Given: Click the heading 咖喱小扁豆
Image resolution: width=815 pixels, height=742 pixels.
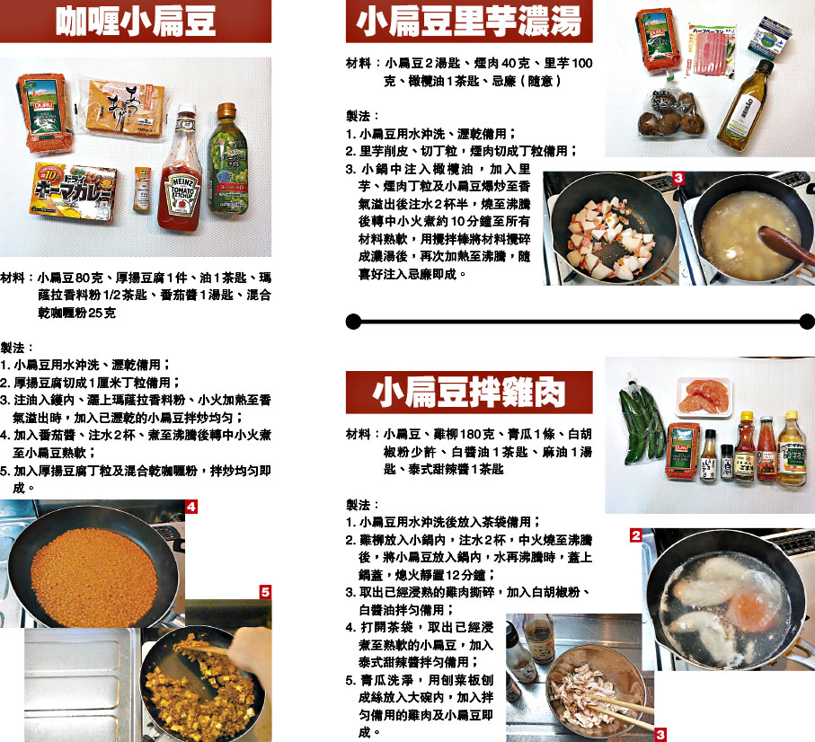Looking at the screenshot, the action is point(135,22).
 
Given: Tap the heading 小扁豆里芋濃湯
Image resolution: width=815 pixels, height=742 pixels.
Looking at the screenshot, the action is point(468,22).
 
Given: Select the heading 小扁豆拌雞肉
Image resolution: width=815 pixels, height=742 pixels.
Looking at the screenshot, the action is point(469,393).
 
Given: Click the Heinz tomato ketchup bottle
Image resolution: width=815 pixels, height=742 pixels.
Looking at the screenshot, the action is point(181,169).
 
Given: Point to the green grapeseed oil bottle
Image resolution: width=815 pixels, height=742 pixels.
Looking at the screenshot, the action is point(227,158).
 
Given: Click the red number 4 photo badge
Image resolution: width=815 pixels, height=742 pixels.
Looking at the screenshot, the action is point(191,507).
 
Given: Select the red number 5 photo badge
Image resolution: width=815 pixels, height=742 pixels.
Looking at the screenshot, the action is point(265,592).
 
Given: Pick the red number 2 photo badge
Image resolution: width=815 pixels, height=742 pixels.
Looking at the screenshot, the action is point(635,535).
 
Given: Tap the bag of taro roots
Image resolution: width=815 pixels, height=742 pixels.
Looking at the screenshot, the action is point(670,115).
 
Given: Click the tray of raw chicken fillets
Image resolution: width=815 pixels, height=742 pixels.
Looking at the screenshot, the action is point(704,397).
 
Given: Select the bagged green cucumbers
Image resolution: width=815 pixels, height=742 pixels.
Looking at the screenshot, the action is point(641,423).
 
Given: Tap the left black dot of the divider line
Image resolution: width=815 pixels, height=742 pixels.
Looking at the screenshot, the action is point(353,322).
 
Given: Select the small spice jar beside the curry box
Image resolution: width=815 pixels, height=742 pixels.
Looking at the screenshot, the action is point(141,190).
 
